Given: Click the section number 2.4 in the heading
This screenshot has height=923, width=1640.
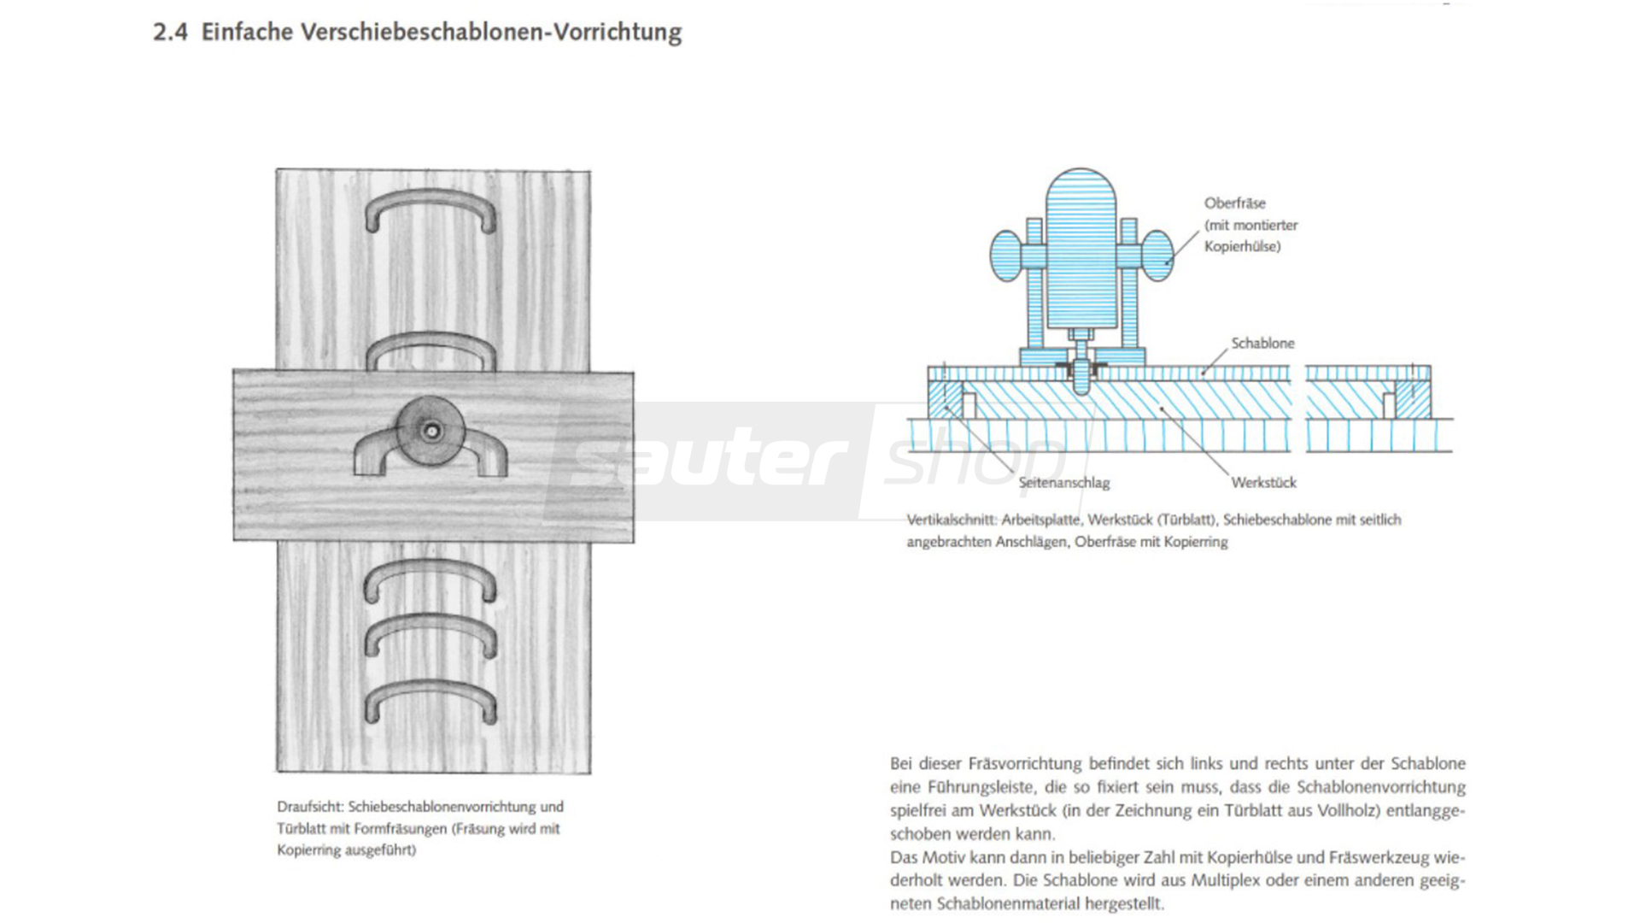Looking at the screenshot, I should coord(170,32).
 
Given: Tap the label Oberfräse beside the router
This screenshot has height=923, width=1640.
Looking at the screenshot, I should coord(1234,203).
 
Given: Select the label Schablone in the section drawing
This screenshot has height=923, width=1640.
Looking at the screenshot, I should coord(1262,344).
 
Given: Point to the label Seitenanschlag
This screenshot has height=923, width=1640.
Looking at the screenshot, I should coord(1063,483).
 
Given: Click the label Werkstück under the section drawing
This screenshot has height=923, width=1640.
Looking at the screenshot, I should coord(1263,483).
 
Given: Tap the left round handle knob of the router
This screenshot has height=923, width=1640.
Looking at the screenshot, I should coord(1006,256).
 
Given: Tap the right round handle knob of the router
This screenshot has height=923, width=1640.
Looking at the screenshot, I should coord(1157,256).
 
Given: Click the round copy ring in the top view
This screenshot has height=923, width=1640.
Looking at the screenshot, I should coord(431,432).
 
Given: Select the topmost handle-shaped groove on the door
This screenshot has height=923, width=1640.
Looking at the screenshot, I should coord(430,209).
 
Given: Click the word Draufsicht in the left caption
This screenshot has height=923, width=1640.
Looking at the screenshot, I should coord(308,807).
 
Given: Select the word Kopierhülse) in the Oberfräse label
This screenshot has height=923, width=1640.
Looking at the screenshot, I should coord(1242,247).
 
